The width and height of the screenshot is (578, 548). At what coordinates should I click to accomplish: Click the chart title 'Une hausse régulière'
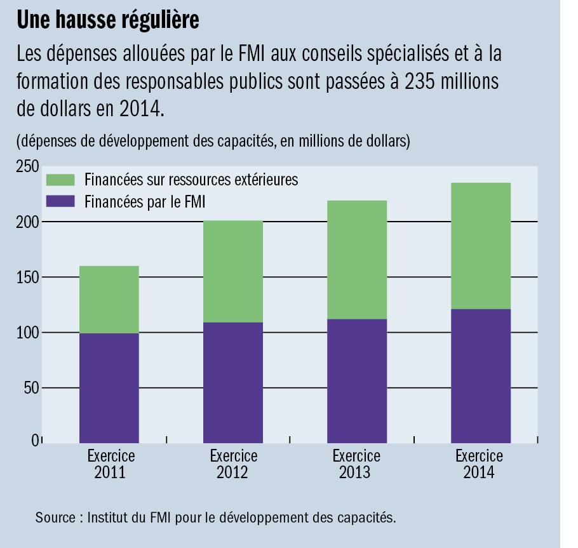(108, 20)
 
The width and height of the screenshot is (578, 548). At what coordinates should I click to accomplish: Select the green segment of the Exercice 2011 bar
(109, 300)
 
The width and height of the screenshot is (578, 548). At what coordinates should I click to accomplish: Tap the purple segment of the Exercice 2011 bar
(109, 388)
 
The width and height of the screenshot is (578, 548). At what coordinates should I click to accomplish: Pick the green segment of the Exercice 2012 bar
(232, 272)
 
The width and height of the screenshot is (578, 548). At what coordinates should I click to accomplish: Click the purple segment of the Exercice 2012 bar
(232, 383)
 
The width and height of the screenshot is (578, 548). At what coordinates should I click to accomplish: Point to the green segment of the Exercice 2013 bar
(356, 260)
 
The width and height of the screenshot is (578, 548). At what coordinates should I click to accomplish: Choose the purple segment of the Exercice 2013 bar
(356, 381)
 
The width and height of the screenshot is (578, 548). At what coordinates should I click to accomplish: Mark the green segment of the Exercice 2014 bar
(480, 246)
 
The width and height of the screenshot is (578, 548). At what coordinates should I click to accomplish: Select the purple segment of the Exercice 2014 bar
(480, 376)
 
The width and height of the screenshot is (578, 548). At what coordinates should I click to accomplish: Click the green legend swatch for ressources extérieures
(62, 180)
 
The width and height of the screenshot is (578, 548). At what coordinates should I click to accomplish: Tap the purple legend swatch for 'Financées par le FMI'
(62, 202)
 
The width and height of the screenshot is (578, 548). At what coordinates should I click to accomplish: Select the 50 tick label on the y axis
(31, 388)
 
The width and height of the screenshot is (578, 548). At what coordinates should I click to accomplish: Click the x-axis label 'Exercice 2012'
(233, 464)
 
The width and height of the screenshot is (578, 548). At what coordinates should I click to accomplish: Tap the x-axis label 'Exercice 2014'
(480, 464)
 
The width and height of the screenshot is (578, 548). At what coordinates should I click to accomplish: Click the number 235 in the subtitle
(422, 83)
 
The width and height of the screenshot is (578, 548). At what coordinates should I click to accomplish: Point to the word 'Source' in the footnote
(55, 518)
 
